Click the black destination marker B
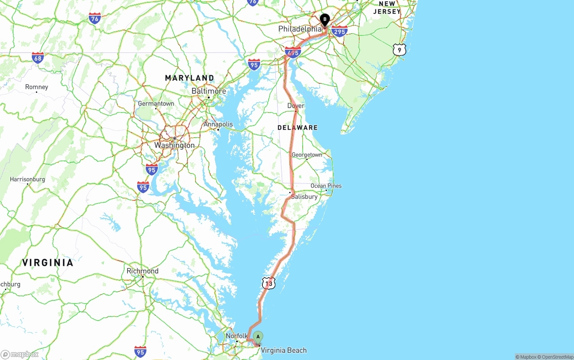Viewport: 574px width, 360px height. point(325,21)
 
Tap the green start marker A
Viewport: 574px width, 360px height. point(258,337)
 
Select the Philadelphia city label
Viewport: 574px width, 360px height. point(300,29)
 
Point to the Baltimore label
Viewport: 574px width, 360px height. point(209,91)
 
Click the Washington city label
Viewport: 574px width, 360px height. point(174,145)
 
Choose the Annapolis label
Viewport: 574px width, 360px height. point(218,124)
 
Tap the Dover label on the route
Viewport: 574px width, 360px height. point(296,106)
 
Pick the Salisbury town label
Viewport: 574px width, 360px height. point(304,196)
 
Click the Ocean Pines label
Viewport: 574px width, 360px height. point(326,186)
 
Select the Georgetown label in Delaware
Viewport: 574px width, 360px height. point(307,155)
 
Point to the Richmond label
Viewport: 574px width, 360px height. point(143,271)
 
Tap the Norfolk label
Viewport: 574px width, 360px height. point(236,336)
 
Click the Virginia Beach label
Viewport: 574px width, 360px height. point(284,350)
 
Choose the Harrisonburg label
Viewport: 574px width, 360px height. point(27,179)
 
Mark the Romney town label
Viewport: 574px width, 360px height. point(36,87)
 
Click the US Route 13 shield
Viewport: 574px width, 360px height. point(269,283)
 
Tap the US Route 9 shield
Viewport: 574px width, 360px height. point(399,50)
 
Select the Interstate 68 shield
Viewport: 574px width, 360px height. point(38,58)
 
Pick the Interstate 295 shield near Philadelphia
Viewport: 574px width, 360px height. point(339,31)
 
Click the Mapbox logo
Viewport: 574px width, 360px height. point(20,354)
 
